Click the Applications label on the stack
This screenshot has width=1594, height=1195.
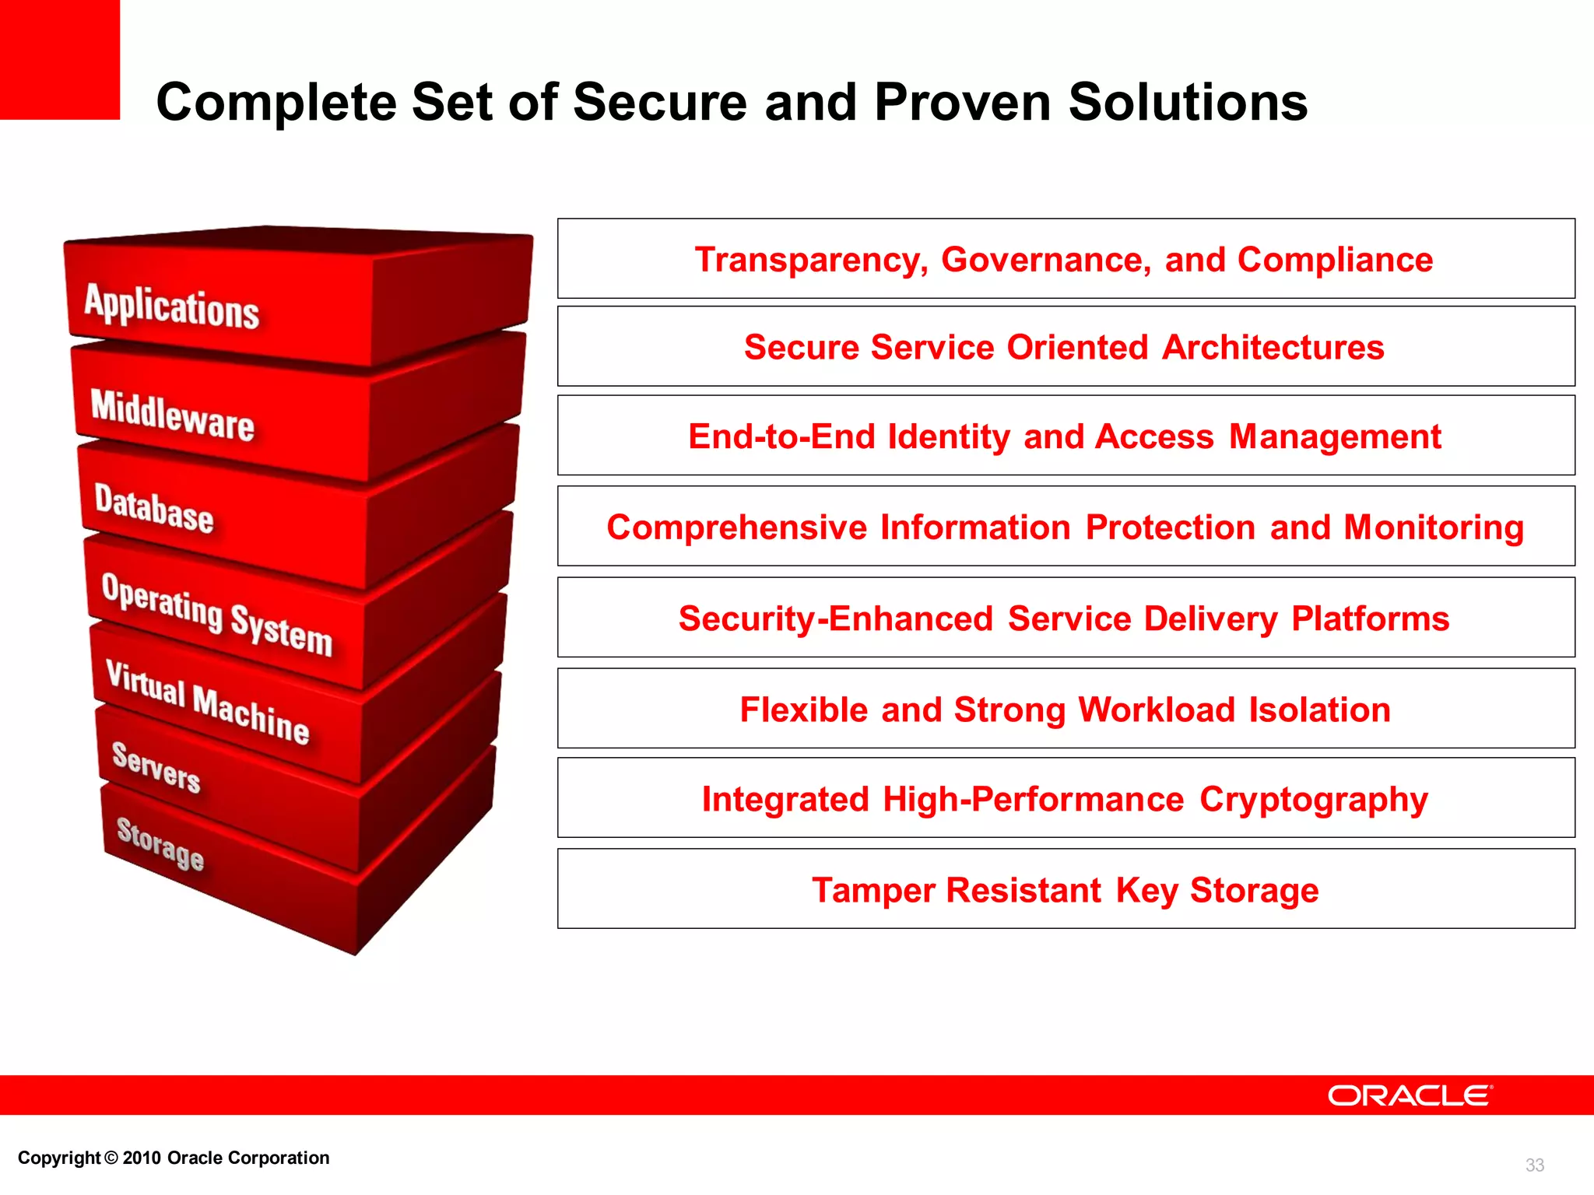[171, 307]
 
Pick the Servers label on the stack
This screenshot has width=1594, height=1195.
[156, 767]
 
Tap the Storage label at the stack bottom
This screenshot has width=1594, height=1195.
[160, 843]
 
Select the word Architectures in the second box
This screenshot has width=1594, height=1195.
[1273, 348]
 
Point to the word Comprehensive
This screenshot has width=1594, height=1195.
[736, 527]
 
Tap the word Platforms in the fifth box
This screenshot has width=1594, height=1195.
[1370, 619]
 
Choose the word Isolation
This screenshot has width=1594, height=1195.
[1319, 710]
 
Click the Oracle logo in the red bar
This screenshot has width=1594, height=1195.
[1410, 1095]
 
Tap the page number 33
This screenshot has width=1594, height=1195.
[1534, 1165]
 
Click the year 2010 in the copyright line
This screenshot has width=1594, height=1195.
[142, 1158]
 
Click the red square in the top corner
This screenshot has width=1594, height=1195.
[59, 59]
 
